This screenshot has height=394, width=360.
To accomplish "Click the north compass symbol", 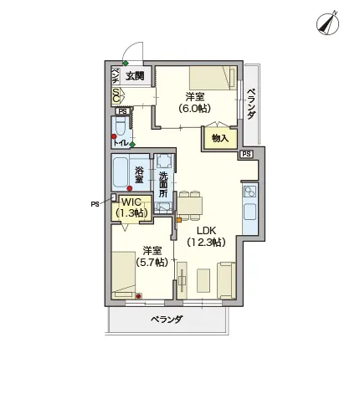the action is [x=327, y=23].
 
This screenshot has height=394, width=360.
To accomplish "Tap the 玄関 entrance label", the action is [x=135, y=76].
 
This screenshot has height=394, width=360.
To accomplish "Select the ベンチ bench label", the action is [x=116, y=75].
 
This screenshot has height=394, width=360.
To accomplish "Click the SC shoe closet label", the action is [x=116, y=95].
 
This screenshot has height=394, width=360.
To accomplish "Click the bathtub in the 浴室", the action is [x=121, y=172].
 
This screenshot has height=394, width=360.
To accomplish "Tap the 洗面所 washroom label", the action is [x=163, y=184].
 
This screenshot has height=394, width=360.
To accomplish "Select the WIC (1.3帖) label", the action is [x=131, y=207].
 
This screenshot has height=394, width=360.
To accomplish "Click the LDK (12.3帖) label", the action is [x=206, y=237].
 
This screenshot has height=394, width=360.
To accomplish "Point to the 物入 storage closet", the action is [x=220, y=138].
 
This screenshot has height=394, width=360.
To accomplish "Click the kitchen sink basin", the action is [x=250, y=212].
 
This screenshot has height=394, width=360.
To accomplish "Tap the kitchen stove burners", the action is [x=249, y=192].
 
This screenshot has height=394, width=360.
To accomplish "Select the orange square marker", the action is [x=179, y=220].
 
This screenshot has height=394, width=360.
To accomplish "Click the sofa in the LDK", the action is [x=226, y=280].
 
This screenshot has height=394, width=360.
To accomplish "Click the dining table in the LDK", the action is [x=190, y=205].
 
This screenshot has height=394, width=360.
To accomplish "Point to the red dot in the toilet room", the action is [x=114, y=136].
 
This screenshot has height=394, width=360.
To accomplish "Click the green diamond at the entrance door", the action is [x=126, y=64].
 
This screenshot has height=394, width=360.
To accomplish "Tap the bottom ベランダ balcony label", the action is [x=167, y=320].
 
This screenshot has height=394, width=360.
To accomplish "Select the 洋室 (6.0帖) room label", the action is [x=194, y=102].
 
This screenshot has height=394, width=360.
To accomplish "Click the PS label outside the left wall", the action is [x=95, y=204].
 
